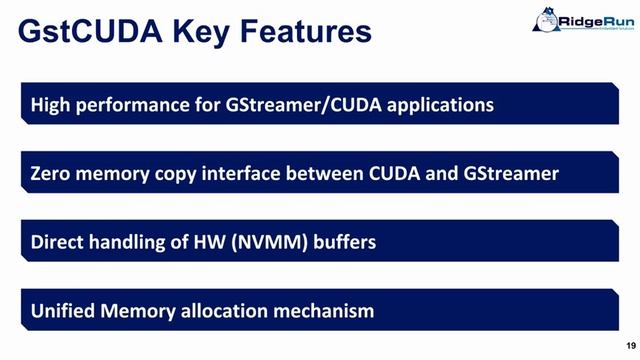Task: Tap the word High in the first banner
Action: coord(52,104)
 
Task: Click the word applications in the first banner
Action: coord(441,104)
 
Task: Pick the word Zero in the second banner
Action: coord(53,173)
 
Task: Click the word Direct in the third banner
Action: coord(59,241)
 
